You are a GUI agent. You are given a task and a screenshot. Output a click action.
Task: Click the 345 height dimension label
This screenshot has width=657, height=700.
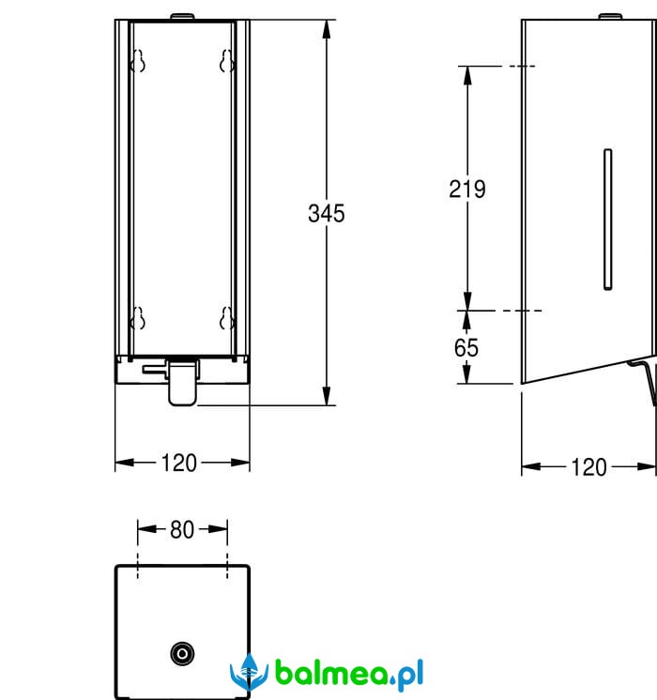326,213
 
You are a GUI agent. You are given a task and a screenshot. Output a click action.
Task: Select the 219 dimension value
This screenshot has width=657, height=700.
467,190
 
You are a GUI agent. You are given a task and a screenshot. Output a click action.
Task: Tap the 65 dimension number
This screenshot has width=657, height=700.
466,348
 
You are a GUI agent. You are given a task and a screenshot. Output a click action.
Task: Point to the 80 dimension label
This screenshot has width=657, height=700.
182,530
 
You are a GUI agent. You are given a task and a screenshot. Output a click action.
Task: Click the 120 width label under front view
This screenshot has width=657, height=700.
178,463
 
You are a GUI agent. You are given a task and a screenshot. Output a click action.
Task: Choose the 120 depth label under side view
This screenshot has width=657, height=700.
589,467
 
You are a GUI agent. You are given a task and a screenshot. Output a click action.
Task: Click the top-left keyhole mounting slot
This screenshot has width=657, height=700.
138,61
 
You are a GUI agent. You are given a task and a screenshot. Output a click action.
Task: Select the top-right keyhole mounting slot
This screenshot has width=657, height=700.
226,61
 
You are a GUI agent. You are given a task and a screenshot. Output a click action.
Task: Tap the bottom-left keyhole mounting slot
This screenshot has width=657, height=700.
138,318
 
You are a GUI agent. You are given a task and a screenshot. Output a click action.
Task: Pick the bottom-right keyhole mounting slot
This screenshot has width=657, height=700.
226,318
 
